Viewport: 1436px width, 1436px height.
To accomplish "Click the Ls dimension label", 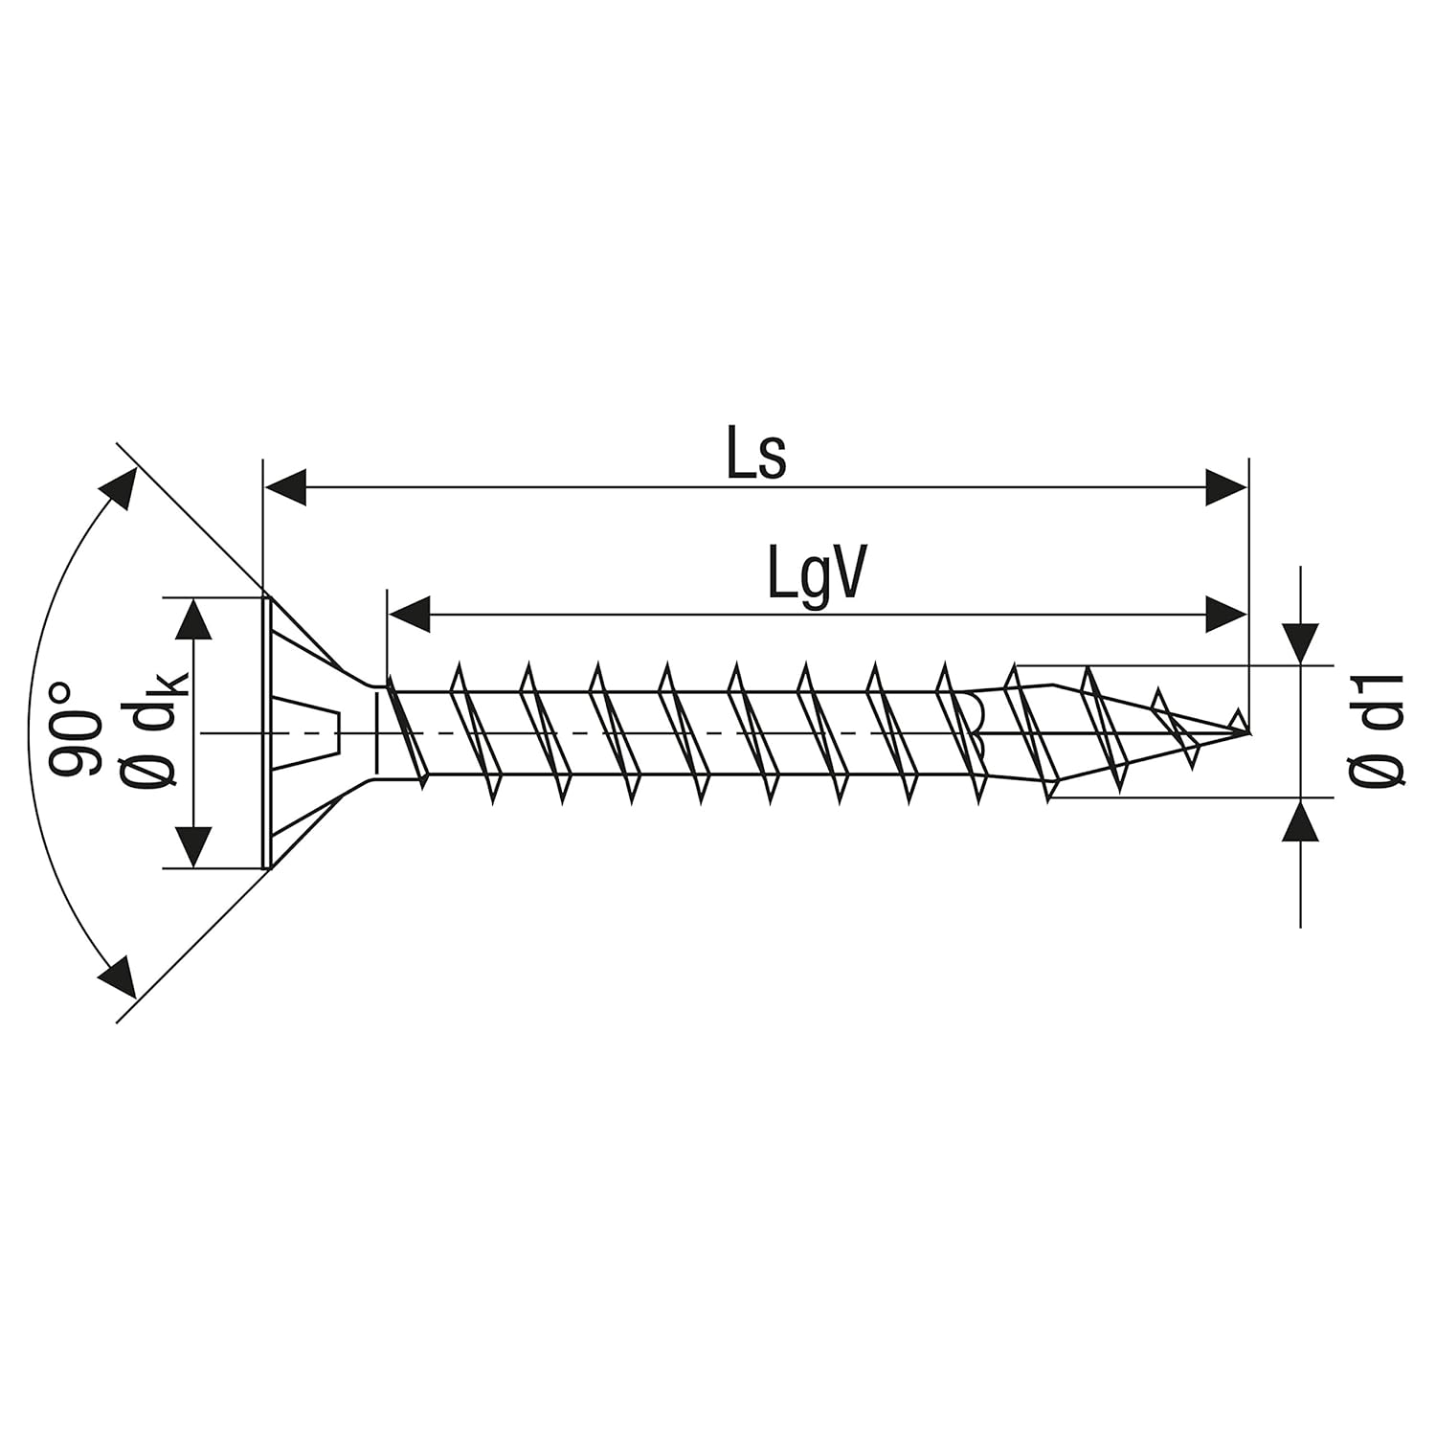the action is [x=756, y=456].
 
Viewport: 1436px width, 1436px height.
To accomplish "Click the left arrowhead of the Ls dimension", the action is [x=284, y=486].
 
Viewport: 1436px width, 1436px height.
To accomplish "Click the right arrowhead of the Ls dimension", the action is [x=1226, y=486].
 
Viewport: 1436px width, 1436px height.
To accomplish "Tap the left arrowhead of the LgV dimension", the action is [x=409, y=614].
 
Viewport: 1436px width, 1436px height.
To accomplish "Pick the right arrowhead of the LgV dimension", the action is [x=1226, y=614].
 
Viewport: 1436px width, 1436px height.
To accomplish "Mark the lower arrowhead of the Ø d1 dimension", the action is [x=1300, y=820].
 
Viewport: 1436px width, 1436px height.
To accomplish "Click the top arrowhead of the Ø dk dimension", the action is [x=194, y=619].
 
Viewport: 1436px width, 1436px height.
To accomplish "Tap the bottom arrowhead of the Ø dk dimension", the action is [x=194, y=847].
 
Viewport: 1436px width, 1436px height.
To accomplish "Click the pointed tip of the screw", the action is [x=1247, y=732].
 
